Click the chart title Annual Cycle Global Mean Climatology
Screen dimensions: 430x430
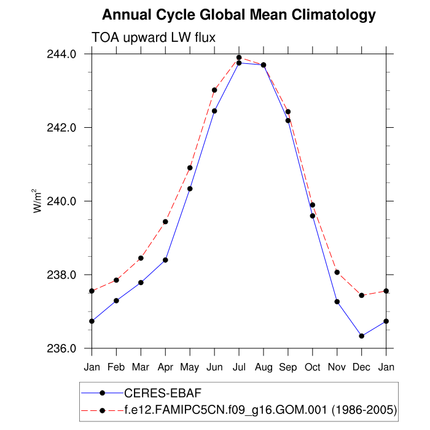238,15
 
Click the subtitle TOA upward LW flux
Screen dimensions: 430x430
153,37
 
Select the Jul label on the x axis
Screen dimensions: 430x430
239,367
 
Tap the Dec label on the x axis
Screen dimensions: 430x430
362,367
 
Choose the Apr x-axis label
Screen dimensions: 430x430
165,367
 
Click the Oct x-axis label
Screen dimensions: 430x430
313,367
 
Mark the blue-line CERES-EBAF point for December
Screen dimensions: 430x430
362,336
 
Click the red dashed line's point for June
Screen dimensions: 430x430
214,90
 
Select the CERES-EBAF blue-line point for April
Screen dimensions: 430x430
165,260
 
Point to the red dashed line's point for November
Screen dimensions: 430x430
337,272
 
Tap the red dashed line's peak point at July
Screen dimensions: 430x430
239,58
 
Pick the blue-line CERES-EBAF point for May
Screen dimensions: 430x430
190,189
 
